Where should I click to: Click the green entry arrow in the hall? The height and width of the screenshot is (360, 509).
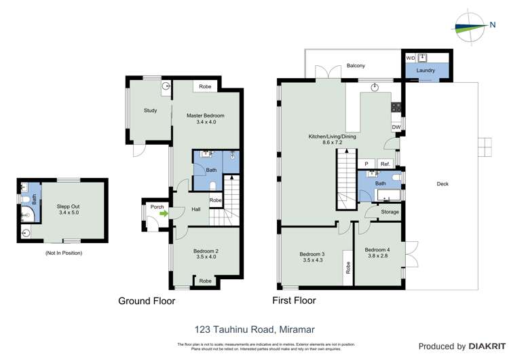tap(163, 213)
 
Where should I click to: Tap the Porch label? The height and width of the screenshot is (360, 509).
tap(157, 206)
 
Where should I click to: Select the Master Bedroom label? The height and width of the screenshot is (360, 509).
tap(205, 115)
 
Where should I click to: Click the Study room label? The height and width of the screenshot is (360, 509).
tap(151, 111)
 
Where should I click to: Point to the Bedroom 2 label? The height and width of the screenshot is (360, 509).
tap(206, 253)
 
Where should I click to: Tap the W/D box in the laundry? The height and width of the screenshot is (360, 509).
tap(410, 59)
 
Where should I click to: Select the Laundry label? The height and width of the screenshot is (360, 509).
tap(426, 70)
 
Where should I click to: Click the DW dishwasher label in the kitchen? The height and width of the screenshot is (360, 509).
tap(396, 127)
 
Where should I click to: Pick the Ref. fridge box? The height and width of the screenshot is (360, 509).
tap(384, 164)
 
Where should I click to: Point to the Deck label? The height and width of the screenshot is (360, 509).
tap(442, 183)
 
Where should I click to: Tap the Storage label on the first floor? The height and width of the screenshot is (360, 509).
tap(390, 212)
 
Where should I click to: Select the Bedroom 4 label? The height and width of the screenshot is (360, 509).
tap(377, 250)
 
